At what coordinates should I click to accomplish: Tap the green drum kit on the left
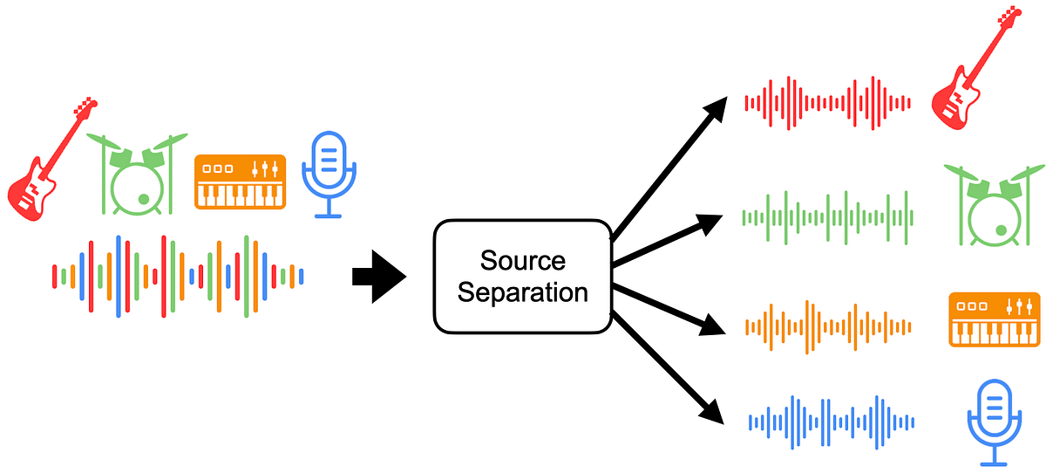pos(139,175)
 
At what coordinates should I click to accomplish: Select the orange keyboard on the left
pos(240,182)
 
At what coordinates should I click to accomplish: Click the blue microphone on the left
pos(329,171)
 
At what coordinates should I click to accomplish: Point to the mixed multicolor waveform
pos(178,276)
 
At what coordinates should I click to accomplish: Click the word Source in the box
pos(522,261)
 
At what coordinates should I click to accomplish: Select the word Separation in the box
pos(522,292)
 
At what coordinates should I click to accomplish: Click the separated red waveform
pos(827,103)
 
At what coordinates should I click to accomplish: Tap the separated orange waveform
pos(827,327)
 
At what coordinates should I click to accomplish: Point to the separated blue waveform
pos(831,422)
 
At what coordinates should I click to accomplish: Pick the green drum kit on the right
pos(994,205)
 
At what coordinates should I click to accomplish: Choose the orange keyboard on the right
pos(994,319)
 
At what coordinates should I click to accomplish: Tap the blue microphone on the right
pos(994,422)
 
